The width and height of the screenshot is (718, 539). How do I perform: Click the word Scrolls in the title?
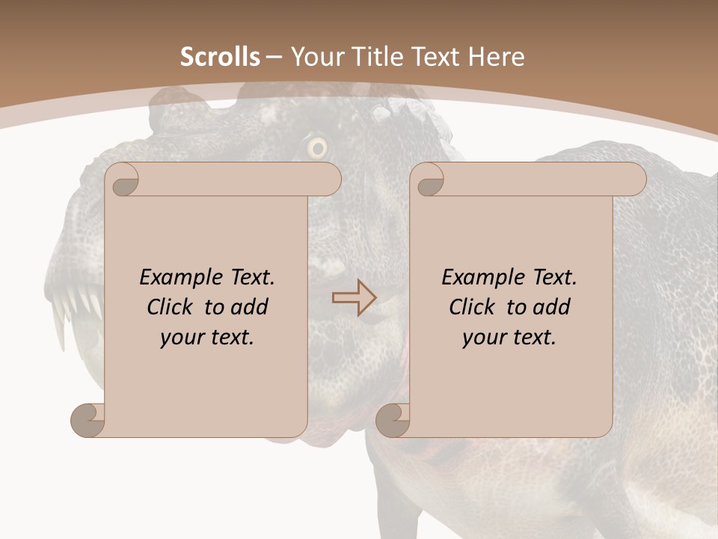pos(220,57)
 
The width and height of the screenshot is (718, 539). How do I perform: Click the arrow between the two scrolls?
pos(354,298)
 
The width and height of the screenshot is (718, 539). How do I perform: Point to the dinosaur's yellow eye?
pos(318,148)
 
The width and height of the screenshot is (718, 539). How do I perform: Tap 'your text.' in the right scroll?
pos(509,337)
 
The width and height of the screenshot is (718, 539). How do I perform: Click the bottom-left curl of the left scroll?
pos(88,421)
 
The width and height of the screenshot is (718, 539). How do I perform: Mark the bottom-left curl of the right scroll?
pos(393,421)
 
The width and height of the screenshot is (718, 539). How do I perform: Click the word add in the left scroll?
pos(250,307)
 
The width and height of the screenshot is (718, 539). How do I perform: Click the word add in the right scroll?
pos(552,307)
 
